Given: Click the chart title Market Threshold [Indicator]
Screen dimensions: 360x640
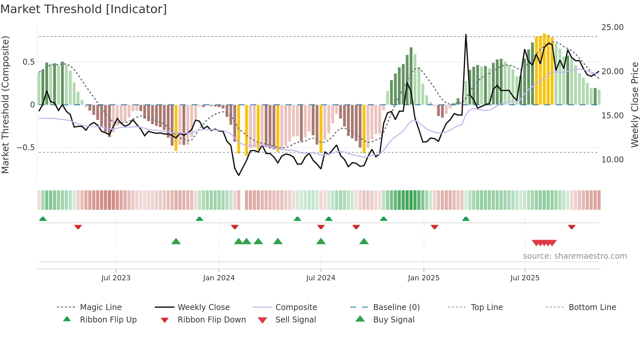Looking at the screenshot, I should (84, 9).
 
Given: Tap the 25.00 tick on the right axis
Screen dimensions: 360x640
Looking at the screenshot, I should (612, 27).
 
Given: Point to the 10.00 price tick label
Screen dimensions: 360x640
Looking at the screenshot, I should (612, 160).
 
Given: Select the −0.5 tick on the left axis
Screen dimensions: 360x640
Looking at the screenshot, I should (25, 148).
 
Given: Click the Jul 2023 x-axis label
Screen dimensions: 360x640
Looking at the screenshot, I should (116, 278).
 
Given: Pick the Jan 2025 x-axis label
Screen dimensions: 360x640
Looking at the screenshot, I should (424, 278).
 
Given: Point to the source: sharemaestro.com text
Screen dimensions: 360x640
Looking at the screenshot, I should (575, 256).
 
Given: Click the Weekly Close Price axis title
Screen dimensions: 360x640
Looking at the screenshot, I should (634, 105).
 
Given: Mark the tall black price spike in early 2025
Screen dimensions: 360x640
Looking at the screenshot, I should (466, 36).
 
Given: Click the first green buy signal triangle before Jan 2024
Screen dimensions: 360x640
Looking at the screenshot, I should (176, 241).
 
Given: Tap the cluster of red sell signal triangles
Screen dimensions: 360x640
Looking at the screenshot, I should (544, 243).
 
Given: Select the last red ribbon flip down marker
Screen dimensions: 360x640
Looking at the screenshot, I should (571, 227).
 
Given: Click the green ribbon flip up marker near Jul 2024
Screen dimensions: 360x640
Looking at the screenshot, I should (329, 219).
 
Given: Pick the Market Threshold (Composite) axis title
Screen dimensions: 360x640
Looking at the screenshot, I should (5, 105).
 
